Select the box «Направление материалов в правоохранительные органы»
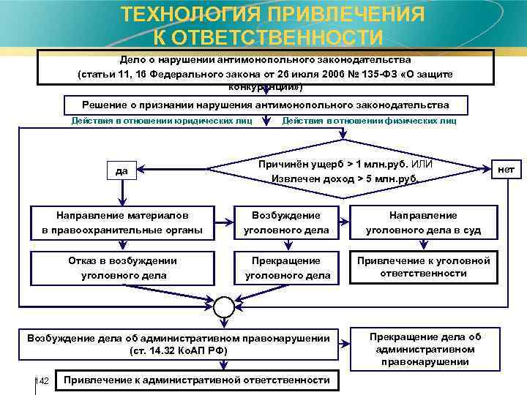click(x=122, y=222)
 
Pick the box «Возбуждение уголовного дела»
click(x=286, y=222)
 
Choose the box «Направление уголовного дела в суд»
click(x=423, y=222)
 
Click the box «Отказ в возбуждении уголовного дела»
click(x=122, y=268)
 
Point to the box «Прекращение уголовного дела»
click(x=286, y=268)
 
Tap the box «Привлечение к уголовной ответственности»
click(x=423, y=267)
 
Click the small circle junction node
click(x=224, y=305)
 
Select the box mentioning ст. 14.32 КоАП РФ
click(x=179, y=344)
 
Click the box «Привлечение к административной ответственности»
click(x=197, y=380)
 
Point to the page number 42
click(x=43, y=382)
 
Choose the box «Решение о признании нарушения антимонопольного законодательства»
click(x=266, y=105)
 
